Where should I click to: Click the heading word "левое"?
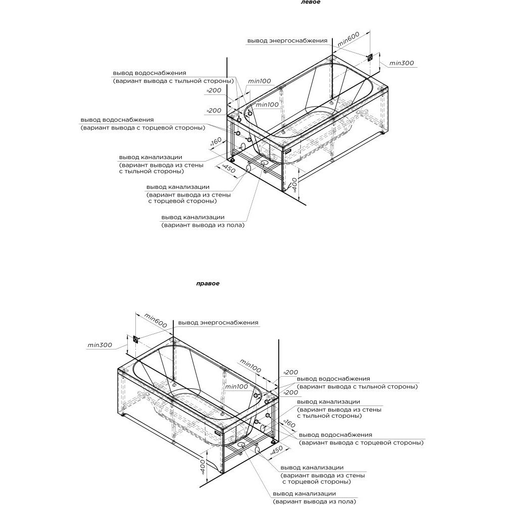310,2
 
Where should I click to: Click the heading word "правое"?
208,283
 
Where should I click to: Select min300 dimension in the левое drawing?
402,63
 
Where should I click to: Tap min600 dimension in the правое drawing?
156,320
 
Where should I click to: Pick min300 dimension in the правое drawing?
99,345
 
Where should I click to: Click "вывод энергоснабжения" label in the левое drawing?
287,40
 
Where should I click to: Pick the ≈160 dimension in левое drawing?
215,144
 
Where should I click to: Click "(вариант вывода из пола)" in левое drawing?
203,225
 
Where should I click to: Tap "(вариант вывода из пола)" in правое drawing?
314,501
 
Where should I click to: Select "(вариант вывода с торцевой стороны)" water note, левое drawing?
142,128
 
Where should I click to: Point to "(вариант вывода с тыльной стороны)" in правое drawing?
358,386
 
